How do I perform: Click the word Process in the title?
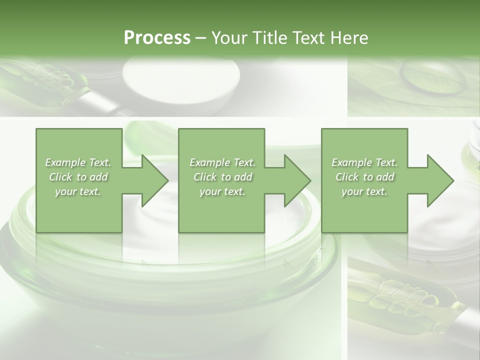pyautogui.click(x=157, y=38)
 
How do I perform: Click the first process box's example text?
pyautogui.click(x=78, y=177)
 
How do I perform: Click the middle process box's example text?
pyautogui.click(x=222, y=177)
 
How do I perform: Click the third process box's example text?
pyautogui.click(x=364, y=177)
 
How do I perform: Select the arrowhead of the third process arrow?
pyautogui.click(x=440, y=180)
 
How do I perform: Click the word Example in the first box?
pyautogui.click(x=65, y=162)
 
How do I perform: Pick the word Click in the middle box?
pyautogui.click(x=204, y=177)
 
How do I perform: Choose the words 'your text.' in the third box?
pyautogui.click(x=364, y=191)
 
